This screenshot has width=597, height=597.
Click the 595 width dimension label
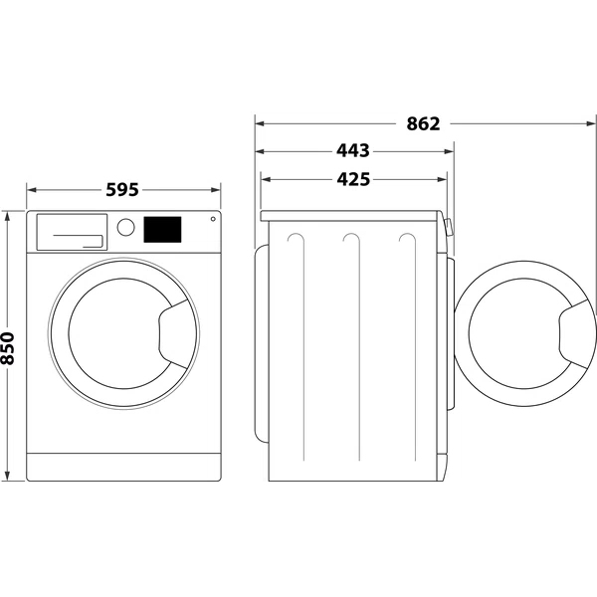pyautogui.click(x=122, y=188)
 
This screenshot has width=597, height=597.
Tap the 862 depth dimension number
pyautogui.click(x=423, y=124)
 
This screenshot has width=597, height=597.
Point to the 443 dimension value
pyautogui.click(x=353, y=151)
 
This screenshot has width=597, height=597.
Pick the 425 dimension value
pyautogui.click(x=353, y=179)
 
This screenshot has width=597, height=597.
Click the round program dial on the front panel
pyautogui.click(x=125, y=227)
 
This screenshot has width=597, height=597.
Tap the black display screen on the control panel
pyautogui.click(x=162, y=230)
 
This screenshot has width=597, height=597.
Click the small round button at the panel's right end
pyautogui.click(x=212, y=221)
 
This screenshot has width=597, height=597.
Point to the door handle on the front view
pyautogui.click(x=177, y=327)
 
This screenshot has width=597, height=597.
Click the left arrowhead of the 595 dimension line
pyautogui.click(x=30, y=188)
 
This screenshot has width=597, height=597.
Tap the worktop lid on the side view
pyautogui.click(x=350, y=214)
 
